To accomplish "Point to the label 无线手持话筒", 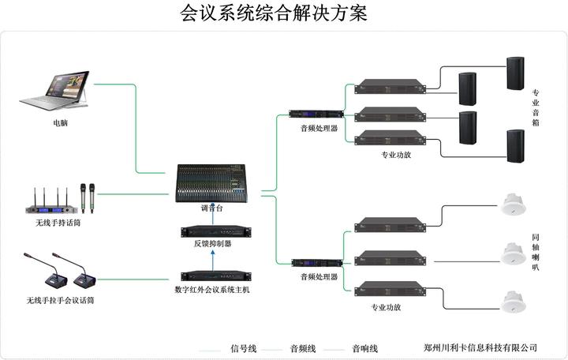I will (x=52, y=223).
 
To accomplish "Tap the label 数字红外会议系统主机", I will (x=212, y=291).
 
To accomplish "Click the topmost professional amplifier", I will (x=390, y=86).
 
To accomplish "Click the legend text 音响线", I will (x=365, y=347).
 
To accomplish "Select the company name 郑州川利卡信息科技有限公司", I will (x=480, y=347).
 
